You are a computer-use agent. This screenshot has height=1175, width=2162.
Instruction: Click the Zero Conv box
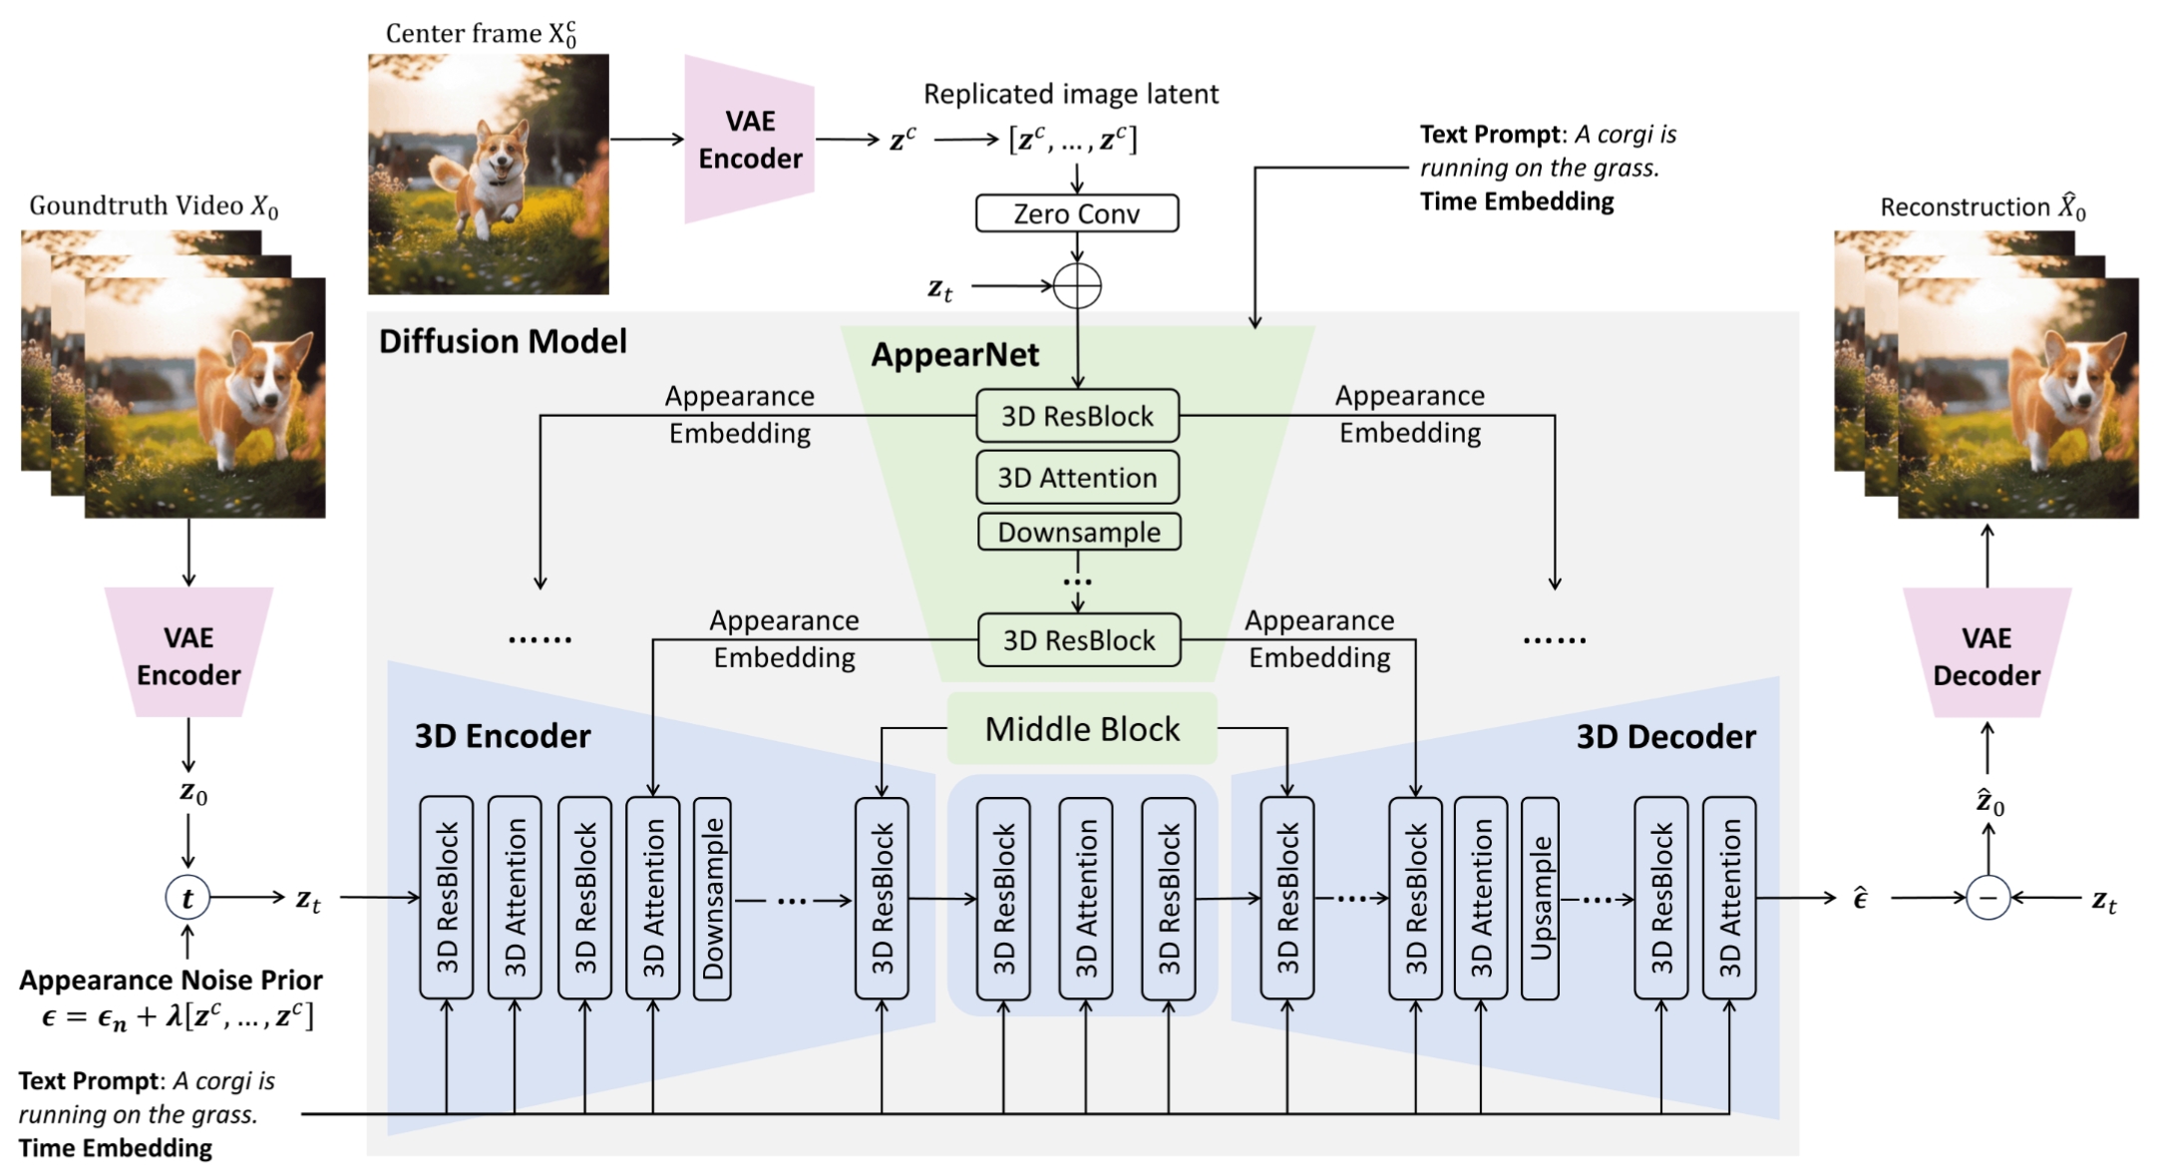pos(1076,213)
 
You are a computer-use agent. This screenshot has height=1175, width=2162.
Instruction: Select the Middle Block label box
pos(1082,729)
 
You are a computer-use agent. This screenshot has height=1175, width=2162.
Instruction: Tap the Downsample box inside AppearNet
pos(1078,532)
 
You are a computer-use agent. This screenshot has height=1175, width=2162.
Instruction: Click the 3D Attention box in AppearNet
pos(1077,478)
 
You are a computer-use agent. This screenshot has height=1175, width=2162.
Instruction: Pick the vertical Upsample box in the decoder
pos(1540,898)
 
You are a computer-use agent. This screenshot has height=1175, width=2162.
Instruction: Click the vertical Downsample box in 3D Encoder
pos(712,898)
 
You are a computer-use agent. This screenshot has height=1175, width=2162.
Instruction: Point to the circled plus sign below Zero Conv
pos(1077,286)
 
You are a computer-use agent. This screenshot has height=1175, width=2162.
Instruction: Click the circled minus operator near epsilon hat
pos(1987,898)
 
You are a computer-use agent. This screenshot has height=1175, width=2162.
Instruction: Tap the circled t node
pos(187,898)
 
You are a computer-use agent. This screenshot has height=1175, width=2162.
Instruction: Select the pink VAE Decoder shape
pos(1986,654)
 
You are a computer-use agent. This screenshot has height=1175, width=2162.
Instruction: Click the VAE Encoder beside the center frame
pos(750,140)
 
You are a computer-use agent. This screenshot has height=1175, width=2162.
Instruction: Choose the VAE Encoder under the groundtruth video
pos(188,654)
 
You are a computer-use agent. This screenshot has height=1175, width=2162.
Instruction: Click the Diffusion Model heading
pos(503,341)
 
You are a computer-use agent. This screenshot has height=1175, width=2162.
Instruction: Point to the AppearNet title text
pos(954,355)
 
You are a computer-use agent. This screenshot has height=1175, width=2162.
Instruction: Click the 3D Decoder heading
pos(1665,736)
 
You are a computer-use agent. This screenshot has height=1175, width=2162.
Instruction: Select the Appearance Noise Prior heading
pos(171,979)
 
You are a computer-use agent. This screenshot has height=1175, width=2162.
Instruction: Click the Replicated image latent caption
pos(1070,94)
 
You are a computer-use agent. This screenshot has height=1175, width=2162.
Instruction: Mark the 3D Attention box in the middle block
pos(1086,898)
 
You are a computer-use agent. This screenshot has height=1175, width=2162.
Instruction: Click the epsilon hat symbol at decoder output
pos(1860,898)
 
